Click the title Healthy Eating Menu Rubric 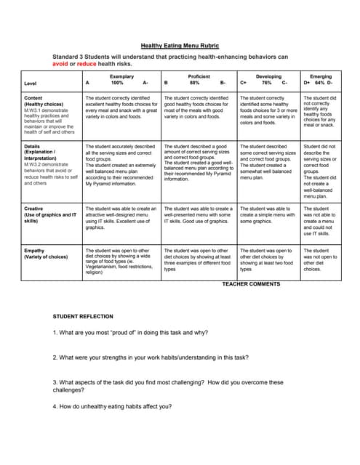click(x=180, y=46)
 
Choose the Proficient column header click(x=199, y=76)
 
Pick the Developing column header click(x=268, y=76)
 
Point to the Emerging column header click(x=320, y=76)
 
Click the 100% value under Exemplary click(x=117, y=83)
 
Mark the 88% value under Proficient click(x=195, y=83)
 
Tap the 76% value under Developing click(x=266, y=83)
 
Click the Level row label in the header click(x=31, y=84)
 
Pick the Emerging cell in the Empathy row click(x=321, y=259)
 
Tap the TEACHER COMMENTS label click(x=251, y=283)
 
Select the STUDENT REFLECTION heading click(x=85, y=317)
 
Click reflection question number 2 click(x=150, y=357)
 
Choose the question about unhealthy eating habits click(x=112, y=406)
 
